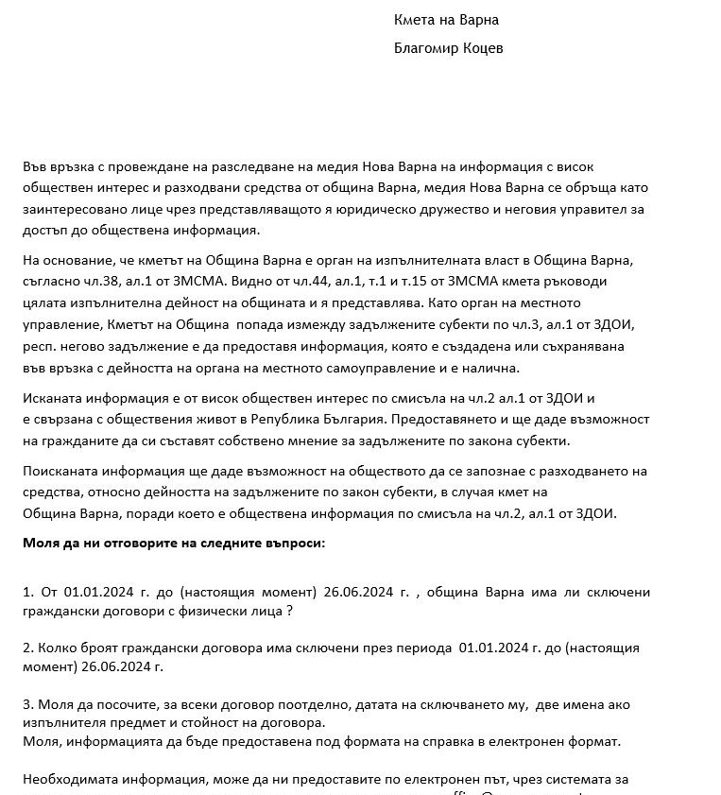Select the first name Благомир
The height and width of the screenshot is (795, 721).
(428, 47)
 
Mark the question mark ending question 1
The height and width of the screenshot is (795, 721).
(288, 612)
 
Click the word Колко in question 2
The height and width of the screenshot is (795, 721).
(56, 648)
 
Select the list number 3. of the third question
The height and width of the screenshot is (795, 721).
(28, 704)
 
